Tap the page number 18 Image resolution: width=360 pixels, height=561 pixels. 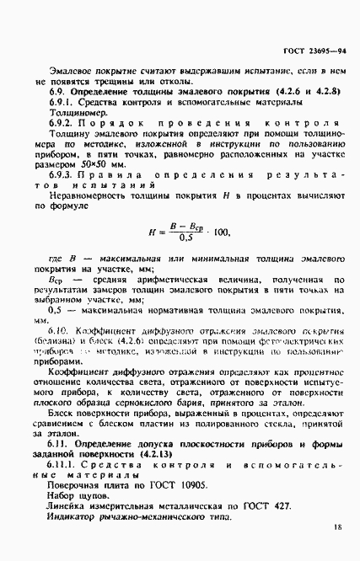(337, 526)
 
